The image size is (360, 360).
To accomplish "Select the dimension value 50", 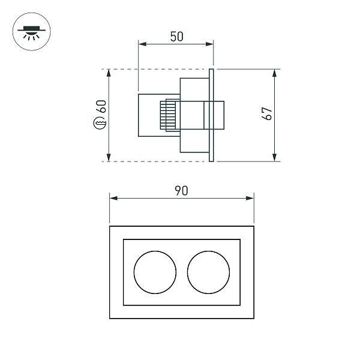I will [176, 36].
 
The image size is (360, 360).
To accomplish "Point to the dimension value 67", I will [268, 114].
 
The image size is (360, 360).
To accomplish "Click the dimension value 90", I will [181, 191].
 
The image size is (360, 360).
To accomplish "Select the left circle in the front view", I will [155, 272].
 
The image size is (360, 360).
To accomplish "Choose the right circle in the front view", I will [209, 272].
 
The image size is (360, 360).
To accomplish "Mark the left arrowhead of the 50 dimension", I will [142, 43].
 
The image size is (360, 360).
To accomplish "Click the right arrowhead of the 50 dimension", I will [210, 43].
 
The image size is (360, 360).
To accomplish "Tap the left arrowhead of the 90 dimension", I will [113, 198].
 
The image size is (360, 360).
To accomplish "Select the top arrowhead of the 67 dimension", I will [275, 73].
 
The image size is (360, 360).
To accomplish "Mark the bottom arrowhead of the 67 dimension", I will [275, 157].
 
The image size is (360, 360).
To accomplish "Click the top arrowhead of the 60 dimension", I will [109, 73].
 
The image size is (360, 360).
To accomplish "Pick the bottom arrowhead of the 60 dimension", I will [109, 157].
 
